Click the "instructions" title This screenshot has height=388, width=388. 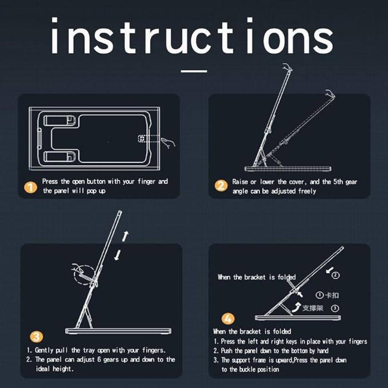tap(192, 35)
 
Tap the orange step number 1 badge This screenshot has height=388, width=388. tap(30, 187)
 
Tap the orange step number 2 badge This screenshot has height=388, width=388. tap(221, 185)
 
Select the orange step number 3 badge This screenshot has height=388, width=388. tap(36, 337)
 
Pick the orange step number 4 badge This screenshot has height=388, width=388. tap(228, 319)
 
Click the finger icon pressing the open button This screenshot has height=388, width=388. tap(168, 143)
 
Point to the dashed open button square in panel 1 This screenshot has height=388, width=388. tap(142, 139)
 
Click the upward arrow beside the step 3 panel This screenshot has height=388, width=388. tap(125, 236)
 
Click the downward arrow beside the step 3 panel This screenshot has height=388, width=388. tap(118, 255)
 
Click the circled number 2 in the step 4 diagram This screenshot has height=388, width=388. tap(335, 275)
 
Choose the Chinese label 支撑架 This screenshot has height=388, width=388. tap(313, 308)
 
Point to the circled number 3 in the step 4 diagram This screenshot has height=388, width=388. tap(335, 308)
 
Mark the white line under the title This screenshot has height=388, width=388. tap(194, 71)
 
